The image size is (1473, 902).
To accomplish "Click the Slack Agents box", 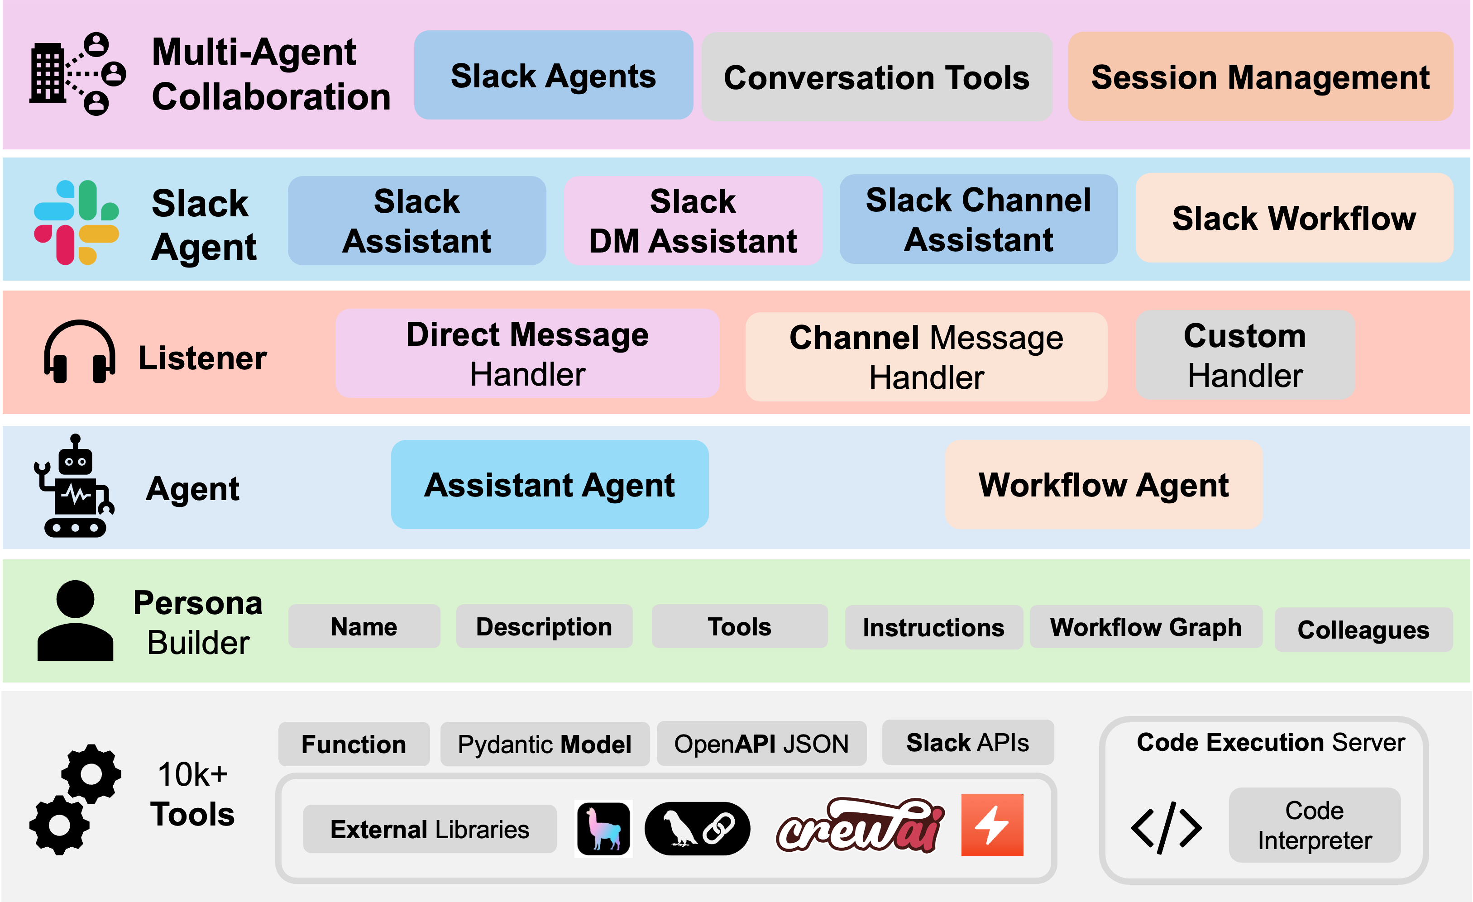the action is pos(554,75).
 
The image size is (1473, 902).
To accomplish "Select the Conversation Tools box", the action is pos(877,77).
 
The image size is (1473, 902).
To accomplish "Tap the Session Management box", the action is pos(1261,76).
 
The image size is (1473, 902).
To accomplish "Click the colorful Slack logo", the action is pos(77,222).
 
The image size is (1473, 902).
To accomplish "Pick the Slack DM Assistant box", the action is pos(693,220).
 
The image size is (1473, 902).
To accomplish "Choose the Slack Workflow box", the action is pos(1294,218).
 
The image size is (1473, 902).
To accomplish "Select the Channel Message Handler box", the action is pos(926,357).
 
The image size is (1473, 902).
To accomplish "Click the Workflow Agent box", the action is pos(1104,485).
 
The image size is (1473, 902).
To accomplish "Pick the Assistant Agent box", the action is pos(550,485).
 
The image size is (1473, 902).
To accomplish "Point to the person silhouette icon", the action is pos(75,620).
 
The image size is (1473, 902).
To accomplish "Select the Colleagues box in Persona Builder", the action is pos(1363,630).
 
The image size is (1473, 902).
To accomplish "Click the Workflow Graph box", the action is pos(1146,627).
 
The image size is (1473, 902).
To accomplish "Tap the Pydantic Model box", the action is pos(545,744).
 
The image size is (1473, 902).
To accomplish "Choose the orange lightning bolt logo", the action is pos(992,826).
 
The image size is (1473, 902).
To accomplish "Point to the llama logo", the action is pos(603,829).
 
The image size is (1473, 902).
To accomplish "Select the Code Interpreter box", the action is pos(1315,825).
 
